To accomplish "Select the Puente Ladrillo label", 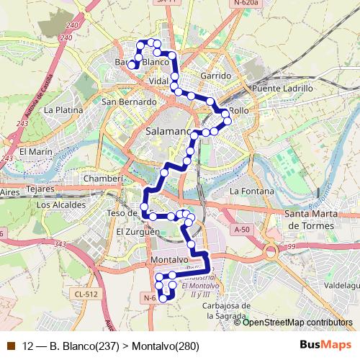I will tap(283, 88).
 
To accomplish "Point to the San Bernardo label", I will tap(129, 102).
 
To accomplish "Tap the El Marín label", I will tap(36, 152).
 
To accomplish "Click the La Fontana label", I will tap(251, 192).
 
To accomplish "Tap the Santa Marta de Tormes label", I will tap(311, 220).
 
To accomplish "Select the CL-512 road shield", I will tap(85, 293).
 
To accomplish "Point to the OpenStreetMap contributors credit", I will tap(297, 323).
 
